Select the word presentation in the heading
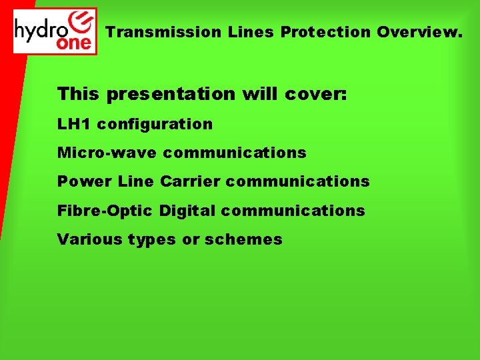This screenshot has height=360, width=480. (x=171, y=94)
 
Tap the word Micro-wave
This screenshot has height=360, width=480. (x=107, y=153)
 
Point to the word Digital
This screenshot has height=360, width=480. (x=189, y=211)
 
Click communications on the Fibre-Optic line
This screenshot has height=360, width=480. (x=293, y=211)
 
